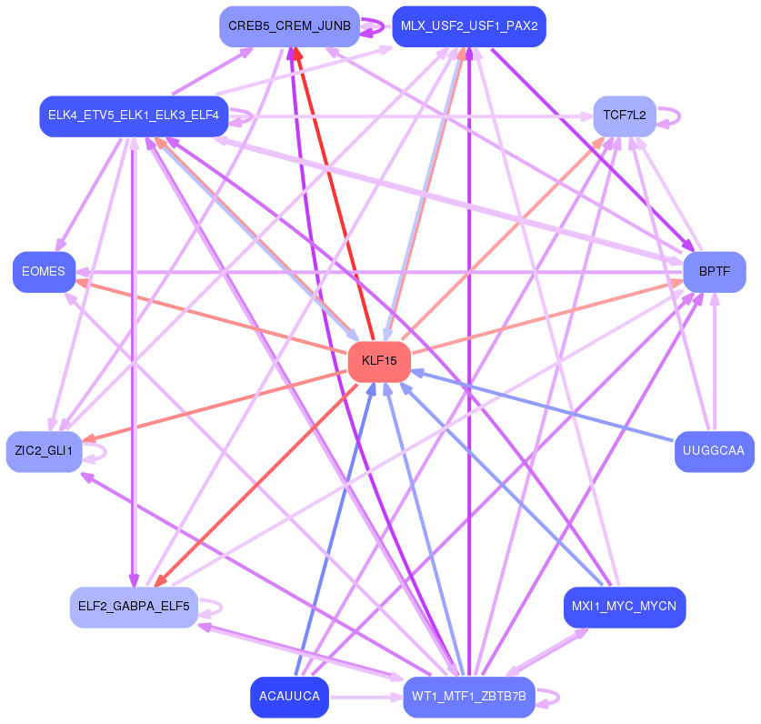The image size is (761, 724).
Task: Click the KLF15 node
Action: pyautogui.click(x=379, y=361)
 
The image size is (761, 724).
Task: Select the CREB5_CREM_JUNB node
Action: pyautogui.click(x=289, y=26)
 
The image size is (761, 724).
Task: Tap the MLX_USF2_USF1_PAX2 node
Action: pyautogui.click(x=469, y=26)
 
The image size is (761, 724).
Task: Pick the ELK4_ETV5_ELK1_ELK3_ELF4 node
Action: pyautogui.click(x=134, y=116)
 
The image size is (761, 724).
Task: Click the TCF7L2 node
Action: pyautogui.click(x=625, y=116)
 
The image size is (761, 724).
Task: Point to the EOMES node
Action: pyautogui.click(x=44, y=272)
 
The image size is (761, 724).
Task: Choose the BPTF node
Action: pyautogui.click(x=715, y=272)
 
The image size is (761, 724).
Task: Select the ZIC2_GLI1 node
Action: pyautogui.click(x=44, y=451)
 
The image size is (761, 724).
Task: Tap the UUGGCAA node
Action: pyautogui.click(x=714, y=451)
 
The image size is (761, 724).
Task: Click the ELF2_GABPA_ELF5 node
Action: pyautogui.click(x=134, y=607)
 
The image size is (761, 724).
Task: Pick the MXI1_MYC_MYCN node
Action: pyautogui.click(x=625, y=607)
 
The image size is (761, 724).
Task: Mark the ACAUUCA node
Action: pyautogui.click(x=289, y=697)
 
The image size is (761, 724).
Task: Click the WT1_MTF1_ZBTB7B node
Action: pyautogui.click(x=469, y=697)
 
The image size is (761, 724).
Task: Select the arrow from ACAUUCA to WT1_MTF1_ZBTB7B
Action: pyautogui.click(x=365, y=698)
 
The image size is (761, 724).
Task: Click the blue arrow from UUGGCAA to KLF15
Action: pyautogui.click(x=543, y=407)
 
